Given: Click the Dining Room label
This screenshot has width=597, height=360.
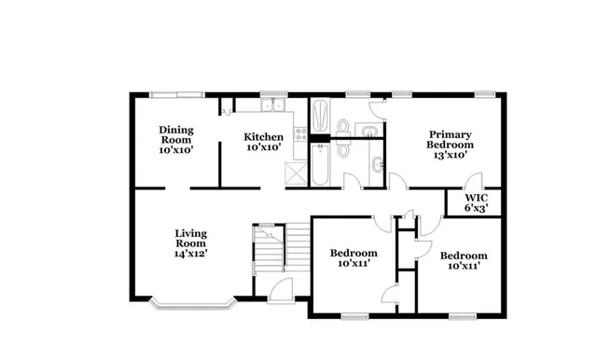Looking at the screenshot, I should pyautogui.click(x=175, y=135).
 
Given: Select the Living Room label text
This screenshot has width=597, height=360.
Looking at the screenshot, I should pyautogui.click(x=190, y=239).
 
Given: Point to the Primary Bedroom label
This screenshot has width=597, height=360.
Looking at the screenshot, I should pyautogui.click(x=451, y=140).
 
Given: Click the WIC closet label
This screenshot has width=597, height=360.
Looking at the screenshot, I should pyautogui.click(x=476, y=198).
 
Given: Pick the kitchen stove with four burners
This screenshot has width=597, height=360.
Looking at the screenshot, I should pyautogui.click(x=300, y=133).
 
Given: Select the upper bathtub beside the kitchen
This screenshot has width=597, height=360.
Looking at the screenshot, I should pyautogui.click(x=319, y=117).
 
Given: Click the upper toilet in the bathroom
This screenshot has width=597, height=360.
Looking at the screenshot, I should pyautogui.click(x=342, y=126).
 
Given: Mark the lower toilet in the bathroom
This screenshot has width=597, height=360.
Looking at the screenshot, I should pyautogui.click(x=342, y=149).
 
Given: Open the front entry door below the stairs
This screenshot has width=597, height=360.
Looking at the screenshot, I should pyautogui.click(x=278, y=290).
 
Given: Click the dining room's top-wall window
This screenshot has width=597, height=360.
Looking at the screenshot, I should pyautogui.click(x=176, y=93).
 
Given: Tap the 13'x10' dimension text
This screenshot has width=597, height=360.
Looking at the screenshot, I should pyautogui.click(x=451, y=155).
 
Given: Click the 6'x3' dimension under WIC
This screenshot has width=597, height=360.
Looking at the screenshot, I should pyautogui.click(x=476, y=209).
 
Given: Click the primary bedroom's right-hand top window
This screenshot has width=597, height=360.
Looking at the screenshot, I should pyautogui.click(x=483, y=93).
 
